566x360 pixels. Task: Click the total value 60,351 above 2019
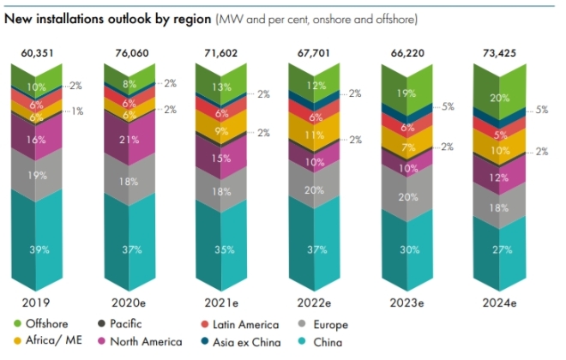37,54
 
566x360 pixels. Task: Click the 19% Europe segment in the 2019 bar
37,175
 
